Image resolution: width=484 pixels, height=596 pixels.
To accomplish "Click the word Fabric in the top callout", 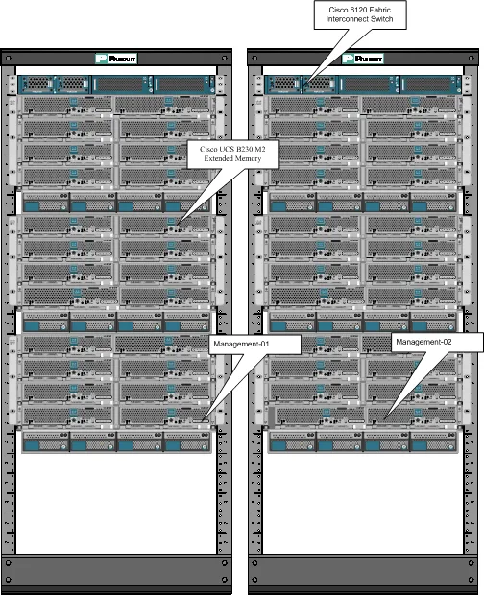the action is coord(379,10).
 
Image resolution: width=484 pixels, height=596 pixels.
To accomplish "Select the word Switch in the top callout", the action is coord(381,19).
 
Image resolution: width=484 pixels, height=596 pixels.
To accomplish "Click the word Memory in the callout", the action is coord(248,158).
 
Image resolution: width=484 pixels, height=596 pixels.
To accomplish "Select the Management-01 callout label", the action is coord(241,344).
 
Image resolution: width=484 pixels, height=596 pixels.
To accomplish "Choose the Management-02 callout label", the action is coord(423,342).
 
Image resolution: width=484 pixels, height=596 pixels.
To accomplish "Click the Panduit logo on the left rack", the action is coord(116,59).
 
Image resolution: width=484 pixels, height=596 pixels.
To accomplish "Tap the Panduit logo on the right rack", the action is coord(363,59).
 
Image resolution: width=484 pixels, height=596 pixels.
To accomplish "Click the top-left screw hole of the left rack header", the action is coord(9,59).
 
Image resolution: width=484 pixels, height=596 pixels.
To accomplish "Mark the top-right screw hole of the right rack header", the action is coord(472,59).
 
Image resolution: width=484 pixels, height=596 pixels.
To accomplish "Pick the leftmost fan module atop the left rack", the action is coord(37,84).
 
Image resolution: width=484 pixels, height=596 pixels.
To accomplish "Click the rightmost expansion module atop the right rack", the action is coord(431,84).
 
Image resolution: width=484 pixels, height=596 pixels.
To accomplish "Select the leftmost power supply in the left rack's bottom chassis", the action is coord(45,442).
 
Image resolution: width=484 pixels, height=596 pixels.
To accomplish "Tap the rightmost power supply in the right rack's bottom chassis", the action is coord(433,442).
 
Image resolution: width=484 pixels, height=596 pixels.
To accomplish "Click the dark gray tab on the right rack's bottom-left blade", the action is coord(272,417).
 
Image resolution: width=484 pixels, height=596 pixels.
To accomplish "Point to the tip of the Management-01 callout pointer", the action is coord(203,420).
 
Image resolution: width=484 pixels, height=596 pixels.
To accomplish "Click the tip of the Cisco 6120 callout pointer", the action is coord(305,83).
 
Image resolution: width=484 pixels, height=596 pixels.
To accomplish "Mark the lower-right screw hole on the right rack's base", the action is coord(472,580).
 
